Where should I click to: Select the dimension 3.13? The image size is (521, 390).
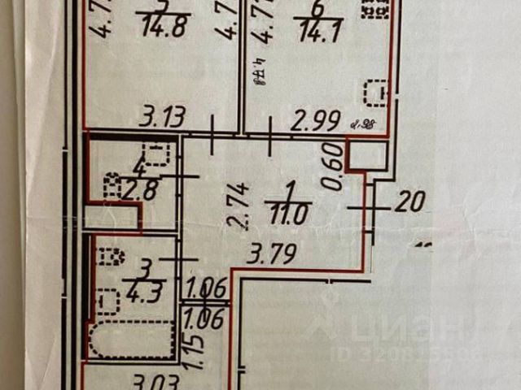(x=161, y=119)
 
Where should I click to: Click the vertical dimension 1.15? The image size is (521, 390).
(x=191, y=356)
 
